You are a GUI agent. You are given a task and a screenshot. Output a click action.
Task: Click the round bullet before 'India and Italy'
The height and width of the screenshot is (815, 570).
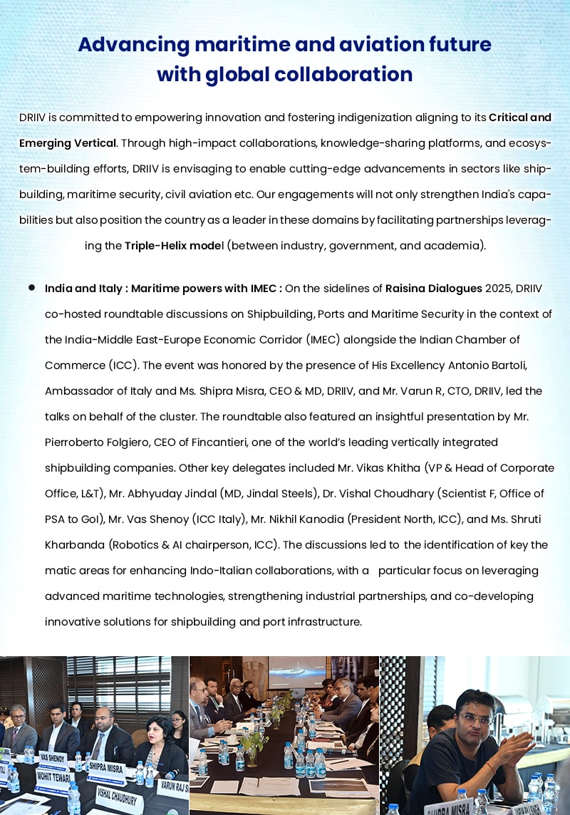tap(32, 288)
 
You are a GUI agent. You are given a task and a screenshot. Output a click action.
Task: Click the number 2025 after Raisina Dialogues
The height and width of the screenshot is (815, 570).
tap(498, 289)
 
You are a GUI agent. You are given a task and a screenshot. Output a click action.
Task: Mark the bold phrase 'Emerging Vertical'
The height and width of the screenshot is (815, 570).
tap(68, 142)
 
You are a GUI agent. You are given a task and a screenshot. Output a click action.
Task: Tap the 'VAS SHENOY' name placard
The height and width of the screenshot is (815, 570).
tap(53, 757)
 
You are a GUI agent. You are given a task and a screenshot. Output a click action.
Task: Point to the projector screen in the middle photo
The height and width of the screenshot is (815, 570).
tap(297, 673)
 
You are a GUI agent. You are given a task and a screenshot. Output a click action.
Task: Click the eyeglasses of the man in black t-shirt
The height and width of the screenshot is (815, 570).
tap(475, 719)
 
